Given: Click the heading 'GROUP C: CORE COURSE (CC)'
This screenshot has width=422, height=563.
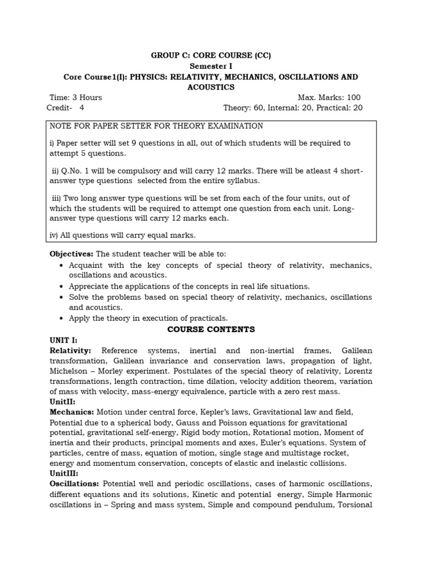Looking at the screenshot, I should coord(211,56).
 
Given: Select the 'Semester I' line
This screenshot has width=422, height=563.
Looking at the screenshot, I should coord(211,66).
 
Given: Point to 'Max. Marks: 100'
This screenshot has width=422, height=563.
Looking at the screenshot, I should coord(329,97).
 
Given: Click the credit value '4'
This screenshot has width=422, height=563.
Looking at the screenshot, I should coord(82,108).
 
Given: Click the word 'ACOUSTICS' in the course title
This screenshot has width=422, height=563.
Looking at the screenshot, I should coord(211,87).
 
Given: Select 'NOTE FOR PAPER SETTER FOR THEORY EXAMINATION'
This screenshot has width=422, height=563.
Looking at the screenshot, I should coord(157,126).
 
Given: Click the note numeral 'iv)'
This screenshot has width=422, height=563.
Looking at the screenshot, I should coord(55,235).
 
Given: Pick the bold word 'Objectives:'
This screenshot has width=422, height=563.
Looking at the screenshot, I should coord(71,253).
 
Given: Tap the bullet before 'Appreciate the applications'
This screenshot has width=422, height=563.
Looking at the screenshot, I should coord(61,286).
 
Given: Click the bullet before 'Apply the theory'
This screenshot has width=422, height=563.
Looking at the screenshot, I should coord(61,318).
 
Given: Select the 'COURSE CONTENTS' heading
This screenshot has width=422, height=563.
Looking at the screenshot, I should coord(211,329).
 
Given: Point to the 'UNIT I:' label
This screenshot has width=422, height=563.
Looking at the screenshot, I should coord(64,340).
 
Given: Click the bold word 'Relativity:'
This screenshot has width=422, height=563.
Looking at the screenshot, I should coord(70,351).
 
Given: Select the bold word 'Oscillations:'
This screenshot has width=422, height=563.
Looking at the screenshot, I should coord(74,483).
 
